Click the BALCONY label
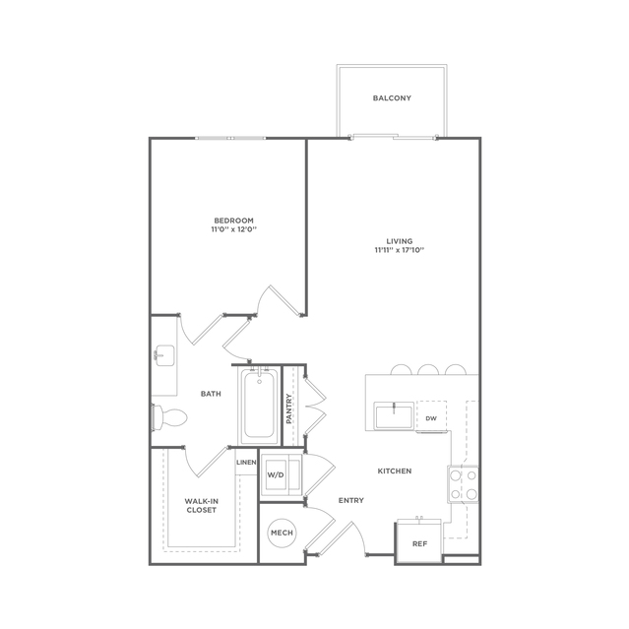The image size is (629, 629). pos(392,97)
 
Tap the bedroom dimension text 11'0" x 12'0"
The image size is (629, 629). pos(234,230)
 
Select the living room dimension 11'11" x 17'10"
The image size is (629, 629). pos(400,250)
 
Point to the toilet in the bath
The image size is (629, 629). pos(169,417)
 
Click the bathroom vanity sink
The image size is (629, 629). pos(164,355)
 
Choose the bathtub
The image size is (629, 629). pos(260,406)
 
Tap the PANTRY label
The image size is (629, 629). pos(289,409)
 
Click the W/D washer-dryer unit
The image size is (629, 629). pos(282,475)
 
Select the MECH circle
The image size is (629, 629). pos(282,533)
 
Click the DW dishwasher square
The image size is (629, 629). pos(431,416)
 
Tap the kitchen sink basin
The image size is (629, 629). pos(394,416)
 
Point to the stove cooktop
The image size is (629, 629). pos(464,484)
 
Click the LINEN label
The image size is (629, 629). pos(246,462)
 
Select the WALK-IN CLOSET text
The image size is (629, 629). pos(202,505)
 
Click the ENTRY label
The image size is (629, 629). pos(351,500)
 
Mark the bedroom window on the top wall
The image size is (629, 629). pos(230,138)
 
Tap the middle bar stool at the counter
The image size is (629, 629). pos(428,369)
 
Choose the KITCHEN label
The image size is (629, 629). pos(395,471)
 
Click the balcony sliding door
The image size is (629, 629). pos(394,137)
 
